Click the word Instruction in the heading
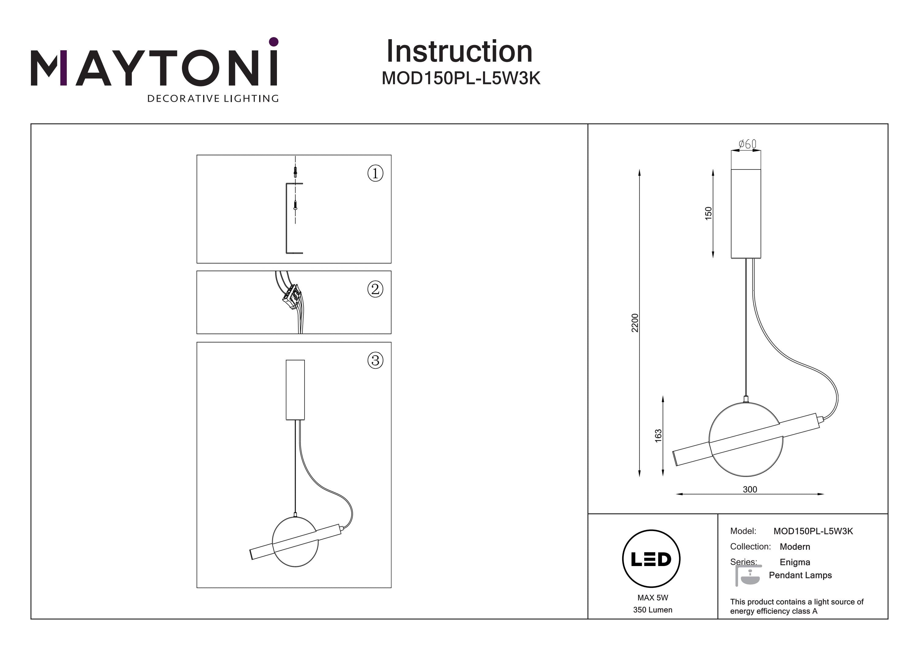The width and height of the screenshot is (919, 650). click(459, 52)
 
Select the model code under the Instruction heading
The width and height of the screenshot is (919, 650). click(461, 78)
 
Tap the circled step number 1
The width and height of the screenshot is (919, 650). click(375, 173)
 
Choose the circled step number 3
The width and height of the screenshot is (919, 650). click(375, 360)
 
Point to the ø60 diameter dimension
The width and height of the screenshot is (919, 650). click(747, 144)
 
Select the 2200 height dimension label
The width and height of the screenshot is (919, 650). click(635, 323)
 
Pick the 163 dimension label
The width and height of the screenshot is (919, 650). click(658, 436)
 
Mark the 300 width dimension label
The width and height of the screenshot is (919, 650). click(750, 489)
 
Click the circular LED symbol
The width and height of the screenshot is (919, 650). click(651, 559)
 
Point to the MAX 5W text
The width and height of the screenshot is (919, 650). click(652, 598)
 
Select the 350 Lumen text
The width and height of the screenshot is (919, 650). click(652, 610)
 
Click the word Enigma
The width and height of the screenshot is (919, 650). click(795, 562)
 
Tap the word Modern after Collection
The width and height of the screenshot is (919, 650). click(795, 547)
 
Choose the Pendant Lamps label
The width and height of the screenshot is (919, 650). click(800, 575)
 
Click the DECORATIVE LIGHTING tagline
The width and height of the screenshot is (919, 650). click(213, 98)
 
